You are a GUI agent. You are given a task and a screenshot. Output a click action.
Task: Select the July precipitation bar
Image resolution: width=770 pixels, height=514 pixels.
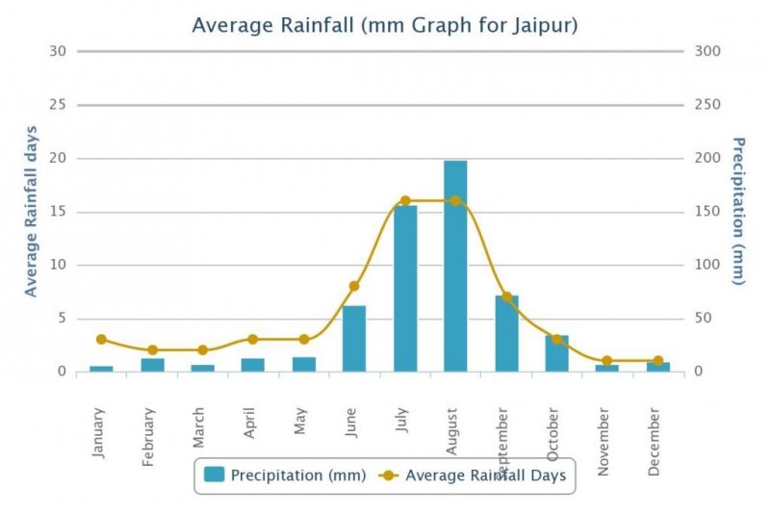(x=405, y=289)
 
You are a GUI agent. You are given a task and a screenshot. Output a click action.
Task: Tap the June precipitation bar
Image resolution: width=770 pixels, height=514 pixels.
(x=354, y=338)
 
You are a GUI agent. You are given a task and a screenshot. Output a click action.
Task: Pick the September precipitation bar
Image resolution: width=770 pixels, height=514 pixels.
(x=506, y=333)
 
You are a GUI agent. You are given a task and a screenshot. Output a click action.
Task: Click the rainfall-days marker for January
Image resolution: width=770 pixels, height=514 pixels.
(x=101, y=340)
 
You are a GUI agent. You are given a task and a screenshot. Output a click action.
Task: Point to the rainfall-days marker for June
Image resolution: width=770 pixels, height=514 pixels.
(x=354, y=286)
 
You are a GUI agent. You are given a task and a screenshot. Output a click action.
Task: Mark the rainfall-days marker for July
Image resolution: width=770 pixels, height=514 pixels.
(x=405, y=201)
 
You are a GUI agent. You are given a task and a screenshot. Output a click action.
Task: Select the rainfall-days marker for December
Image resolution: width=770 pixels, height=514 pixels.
(x=658, y=361)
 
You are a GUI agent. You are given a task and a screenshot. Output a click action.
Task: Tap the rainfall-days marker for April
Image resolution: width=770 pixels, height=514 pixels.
(x=253, y=340)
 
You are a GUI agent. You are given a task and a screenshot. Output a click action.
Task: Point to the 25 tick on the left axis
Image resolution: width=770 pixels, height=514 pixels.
(x=57, y=105)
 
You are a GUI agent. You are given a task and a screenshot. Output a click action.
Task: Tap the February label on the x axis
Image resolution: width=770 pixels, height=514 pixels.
(x=149, y=438)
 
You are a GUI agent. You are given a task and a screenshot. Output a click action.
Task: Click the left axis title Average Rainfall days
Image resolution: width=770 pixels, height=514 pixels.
(x=31, y=211)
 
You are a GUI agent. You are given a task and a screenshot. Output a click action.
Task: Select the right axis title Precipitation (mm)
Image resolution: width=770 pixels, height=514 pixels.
(x=738, y=211)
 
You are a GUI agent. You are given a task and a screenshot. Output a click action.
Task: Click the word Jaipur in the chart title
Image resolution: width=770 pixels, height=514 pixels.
(x=545, y=25)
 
